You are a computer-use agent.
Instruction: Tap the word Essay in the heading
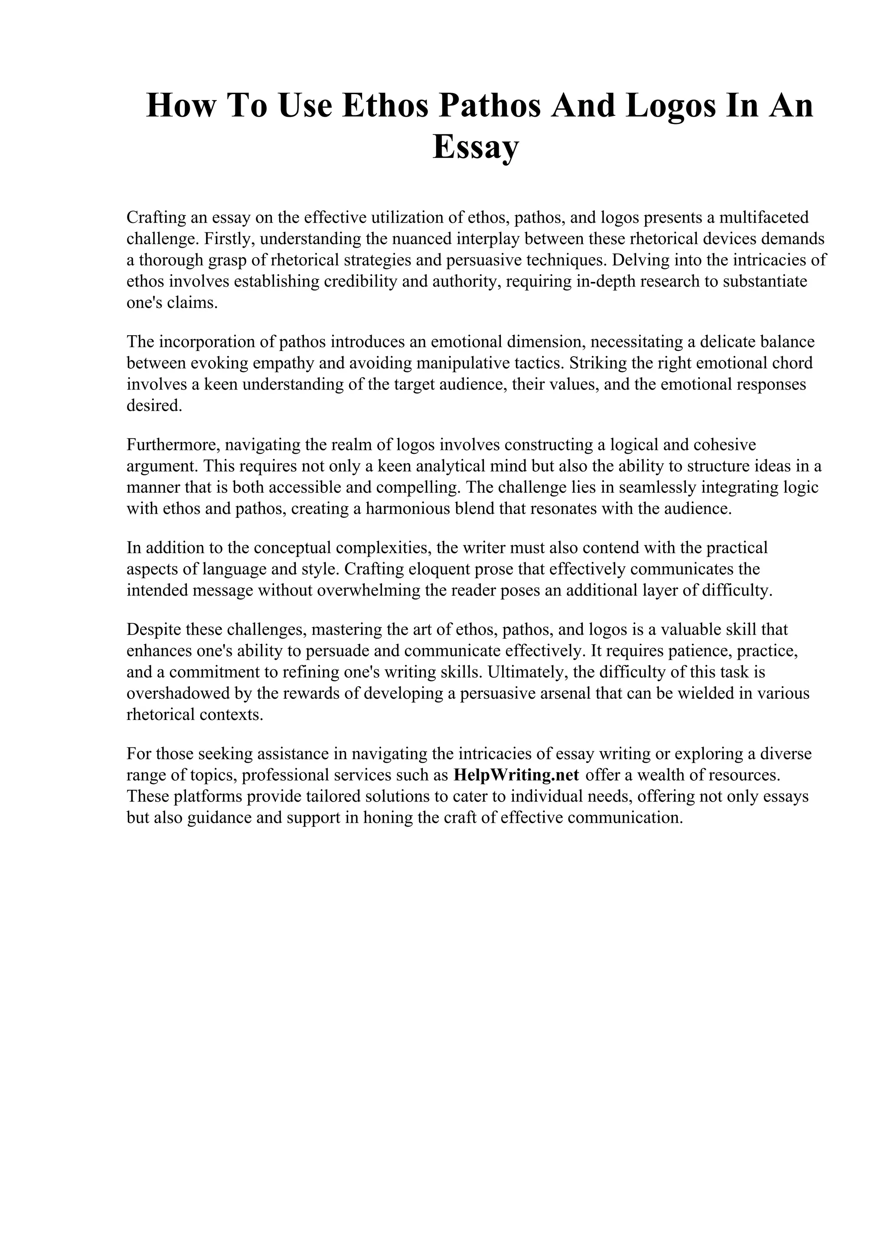tap(475, 147)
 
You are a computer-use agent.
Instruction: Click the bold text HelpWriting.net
tap(516, 775)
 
